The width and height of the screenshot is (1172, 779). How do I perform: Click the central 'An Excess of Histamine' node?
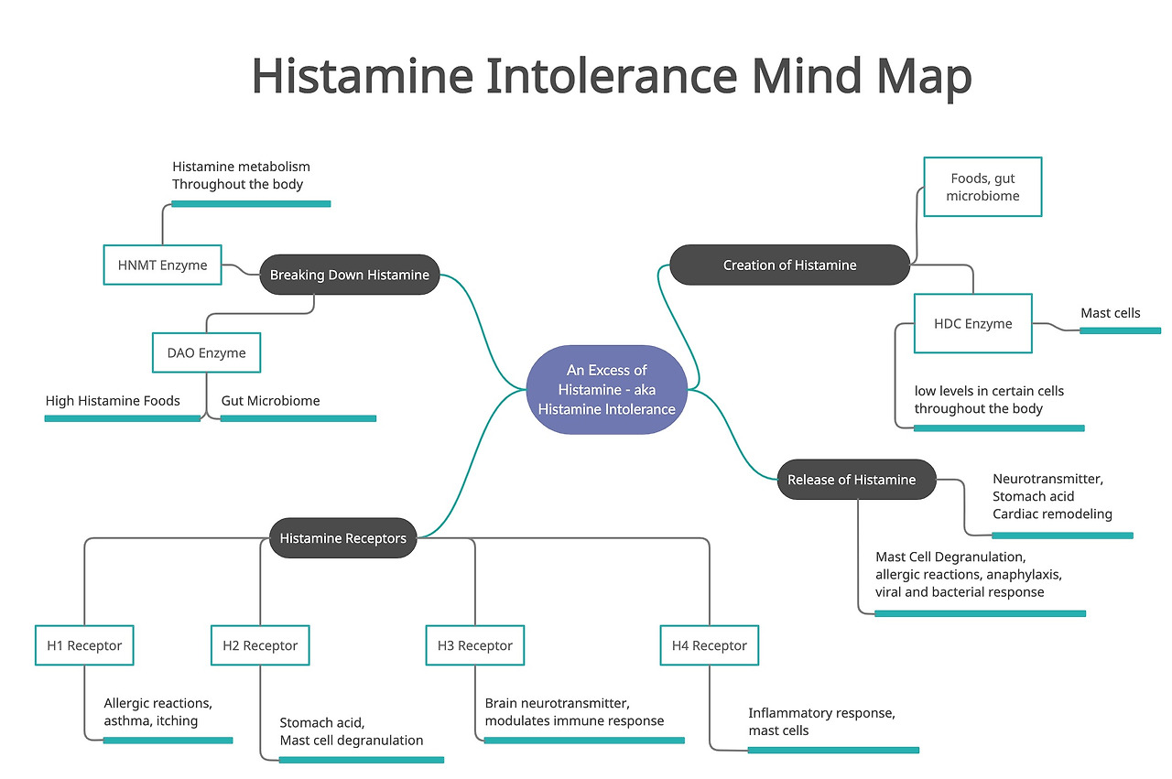pos(606,389)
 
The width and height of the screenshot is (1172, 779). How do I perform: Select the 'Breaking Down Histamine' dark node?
pos(349,275)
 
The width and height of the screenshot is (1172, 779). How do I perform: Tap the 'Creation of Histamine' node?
pos(789,265)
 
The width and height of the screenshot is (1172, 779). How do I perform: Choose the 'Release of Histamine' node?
pos(852,480)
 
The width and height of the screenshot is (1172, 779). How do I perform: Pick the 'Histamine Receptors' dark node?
pos(342,538)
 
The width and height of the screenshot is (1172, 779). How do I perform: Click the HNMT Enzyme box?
pos(162,265)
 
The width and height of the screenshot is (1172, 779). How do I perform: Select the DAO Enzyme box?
pos(206,352)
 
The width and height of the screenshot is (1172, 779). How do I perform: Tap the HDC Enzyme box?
pos(972,323)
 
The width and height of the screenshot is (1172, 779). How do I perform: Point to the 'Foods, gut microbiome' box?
pos(982,187)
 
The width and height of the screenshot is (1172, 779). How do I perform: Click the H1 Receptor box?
pos(84,645)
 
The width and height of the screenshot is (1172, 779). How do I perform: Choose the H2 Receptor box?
pos(260,645)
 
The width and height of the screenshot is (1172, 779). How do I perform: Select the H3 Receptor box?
pos(474,645)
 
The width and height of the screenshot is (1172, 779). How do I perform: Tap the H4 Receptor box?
pos(709,645)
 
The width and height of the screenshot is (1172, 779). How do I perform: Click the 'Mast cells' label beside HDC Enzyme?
pos(1110,313)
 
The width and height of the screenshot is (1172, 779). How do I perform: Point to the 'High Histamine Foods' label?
pos(113,401)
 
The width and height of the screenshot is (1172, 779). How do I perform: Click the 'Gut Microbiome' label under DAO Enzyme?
pos(270,401)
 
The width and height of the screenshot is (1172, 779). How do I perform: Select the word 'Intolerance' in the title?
pos(612,76)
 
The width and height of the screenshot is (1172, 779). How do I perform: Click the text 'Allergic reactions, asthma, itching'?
pos(157,712)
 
